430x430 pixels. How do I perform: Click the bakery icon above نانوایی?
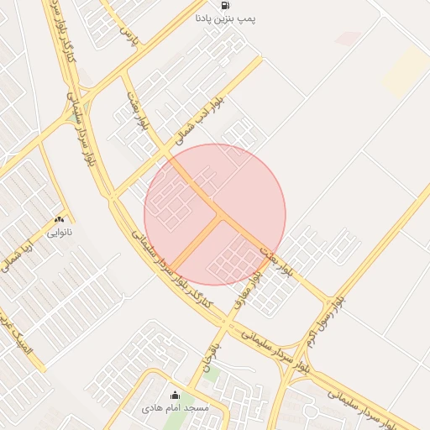pyautogui.click(x=59, y=218)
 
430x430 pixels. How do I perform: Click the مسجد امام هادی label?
pyautogui.click(x=176, y=407)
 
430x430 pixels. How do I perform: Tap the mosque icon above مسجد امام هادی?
pyautogui.click(x=176, y=395)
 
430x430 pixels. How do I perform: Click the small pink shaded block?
pyautogui.click(x=348, y=38)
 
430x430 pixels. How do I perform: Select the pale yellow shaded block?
pyautogui.click(x=406, y=69)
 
